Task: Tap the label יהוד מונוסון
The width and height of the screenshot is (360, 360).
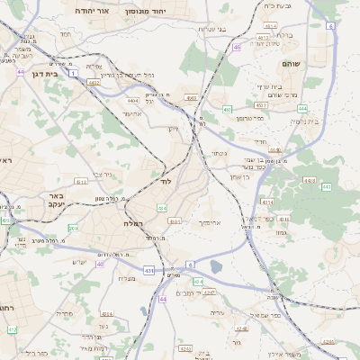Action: (x=145, y=11)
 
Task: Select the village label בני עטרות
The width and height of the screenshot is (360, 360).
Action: (x=218, y=30)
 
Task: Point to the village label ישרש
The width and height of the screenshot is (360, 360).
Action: (x=79, y=262)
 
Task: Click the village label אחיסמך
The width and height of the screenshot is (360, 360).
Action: (x=209, y=221)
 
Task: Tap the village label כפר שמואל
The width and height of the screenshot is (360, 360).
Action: (x=266, y=315)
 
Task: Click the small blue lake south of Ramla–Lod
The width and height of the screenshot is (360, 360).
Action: (x=216, y=266)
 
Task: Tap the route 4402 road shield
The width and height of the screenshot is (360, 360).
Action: (x=94, y=81)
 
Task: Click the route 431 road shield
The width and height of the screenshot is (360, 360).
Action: (x=148, y=270)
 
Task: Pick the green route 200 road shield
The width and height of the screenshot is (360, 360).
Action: (x=73, y=229)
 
